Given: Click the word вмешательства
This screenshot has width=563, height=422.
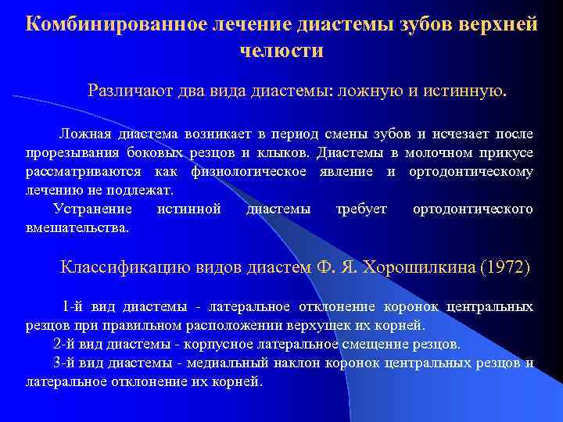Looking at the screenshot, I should (x=77, y=227).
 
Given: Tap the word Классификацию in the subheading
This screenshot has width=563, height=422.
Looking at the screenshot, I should (x=122, y=268).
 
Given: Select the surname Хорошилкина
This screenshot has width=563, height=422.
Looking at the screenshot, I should (x=419, y=268).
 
